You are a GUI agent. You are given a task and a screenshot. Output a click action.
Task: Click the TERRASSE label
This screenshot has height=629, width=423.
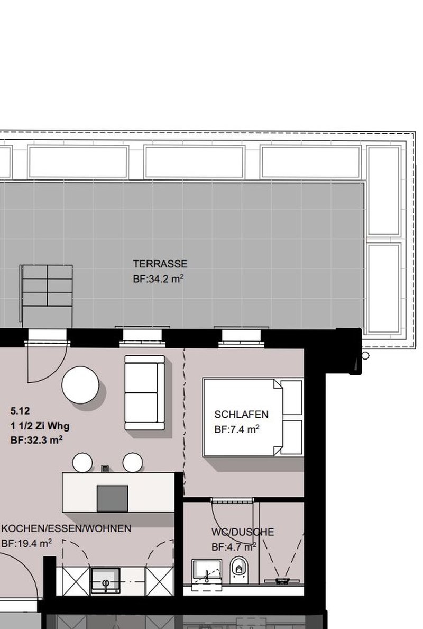(160, 264)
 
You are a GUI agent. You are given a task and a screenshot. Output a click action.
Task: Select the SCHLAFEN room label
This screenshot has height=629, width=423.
(241, 415)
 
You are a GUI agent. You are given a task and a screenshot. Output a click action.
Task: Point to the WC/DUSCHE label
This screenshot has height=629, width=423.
(243, 532)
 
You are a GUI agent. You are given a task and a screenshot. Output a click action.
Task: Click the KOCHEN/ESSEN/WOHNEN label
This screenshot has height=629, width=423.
(67, 528)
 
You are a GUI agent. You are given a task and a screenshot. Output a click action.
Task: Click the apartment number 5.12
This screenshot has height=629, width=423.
(20, 411)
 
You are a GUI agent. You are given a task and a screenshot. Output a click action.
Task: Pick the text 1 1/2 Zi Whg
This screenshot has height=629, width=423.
(40, 426)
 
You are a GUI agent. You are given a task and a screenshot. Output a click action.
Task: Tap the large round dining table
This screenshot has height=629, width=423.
(80, 384)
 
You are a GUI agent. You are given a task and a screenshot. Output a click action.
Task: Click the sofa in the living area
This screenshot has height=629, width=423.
(144, 393)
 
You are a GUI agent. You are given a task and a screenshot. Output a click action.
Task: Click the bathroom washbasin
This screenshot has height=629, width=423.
(207, 571)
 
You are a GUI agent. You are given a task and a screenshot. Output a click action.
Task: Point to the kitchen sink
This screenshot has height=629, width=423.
(106, 580)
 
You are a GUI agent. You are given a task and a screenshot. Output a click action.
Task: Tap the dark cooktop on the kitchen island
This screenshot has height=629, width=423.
(113, 498)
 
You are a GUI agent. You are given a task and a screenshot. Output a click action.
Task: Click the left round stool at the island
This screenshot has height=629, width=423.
(82, 463)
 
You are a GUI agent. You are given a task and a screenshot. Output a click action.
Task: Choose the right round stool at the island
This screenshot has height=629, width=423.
(133, 463)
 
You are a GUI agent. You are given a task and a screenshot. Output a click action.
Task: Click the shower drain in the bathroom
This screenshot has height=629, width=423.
(282, 580)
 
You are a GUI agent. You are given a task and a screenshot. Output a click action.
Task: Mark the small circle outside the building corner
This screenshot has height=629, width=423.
(365, 355)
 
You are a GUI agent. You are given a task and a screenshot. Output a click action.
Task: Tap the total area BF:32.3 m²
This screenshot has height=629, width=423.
(36, 439)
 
